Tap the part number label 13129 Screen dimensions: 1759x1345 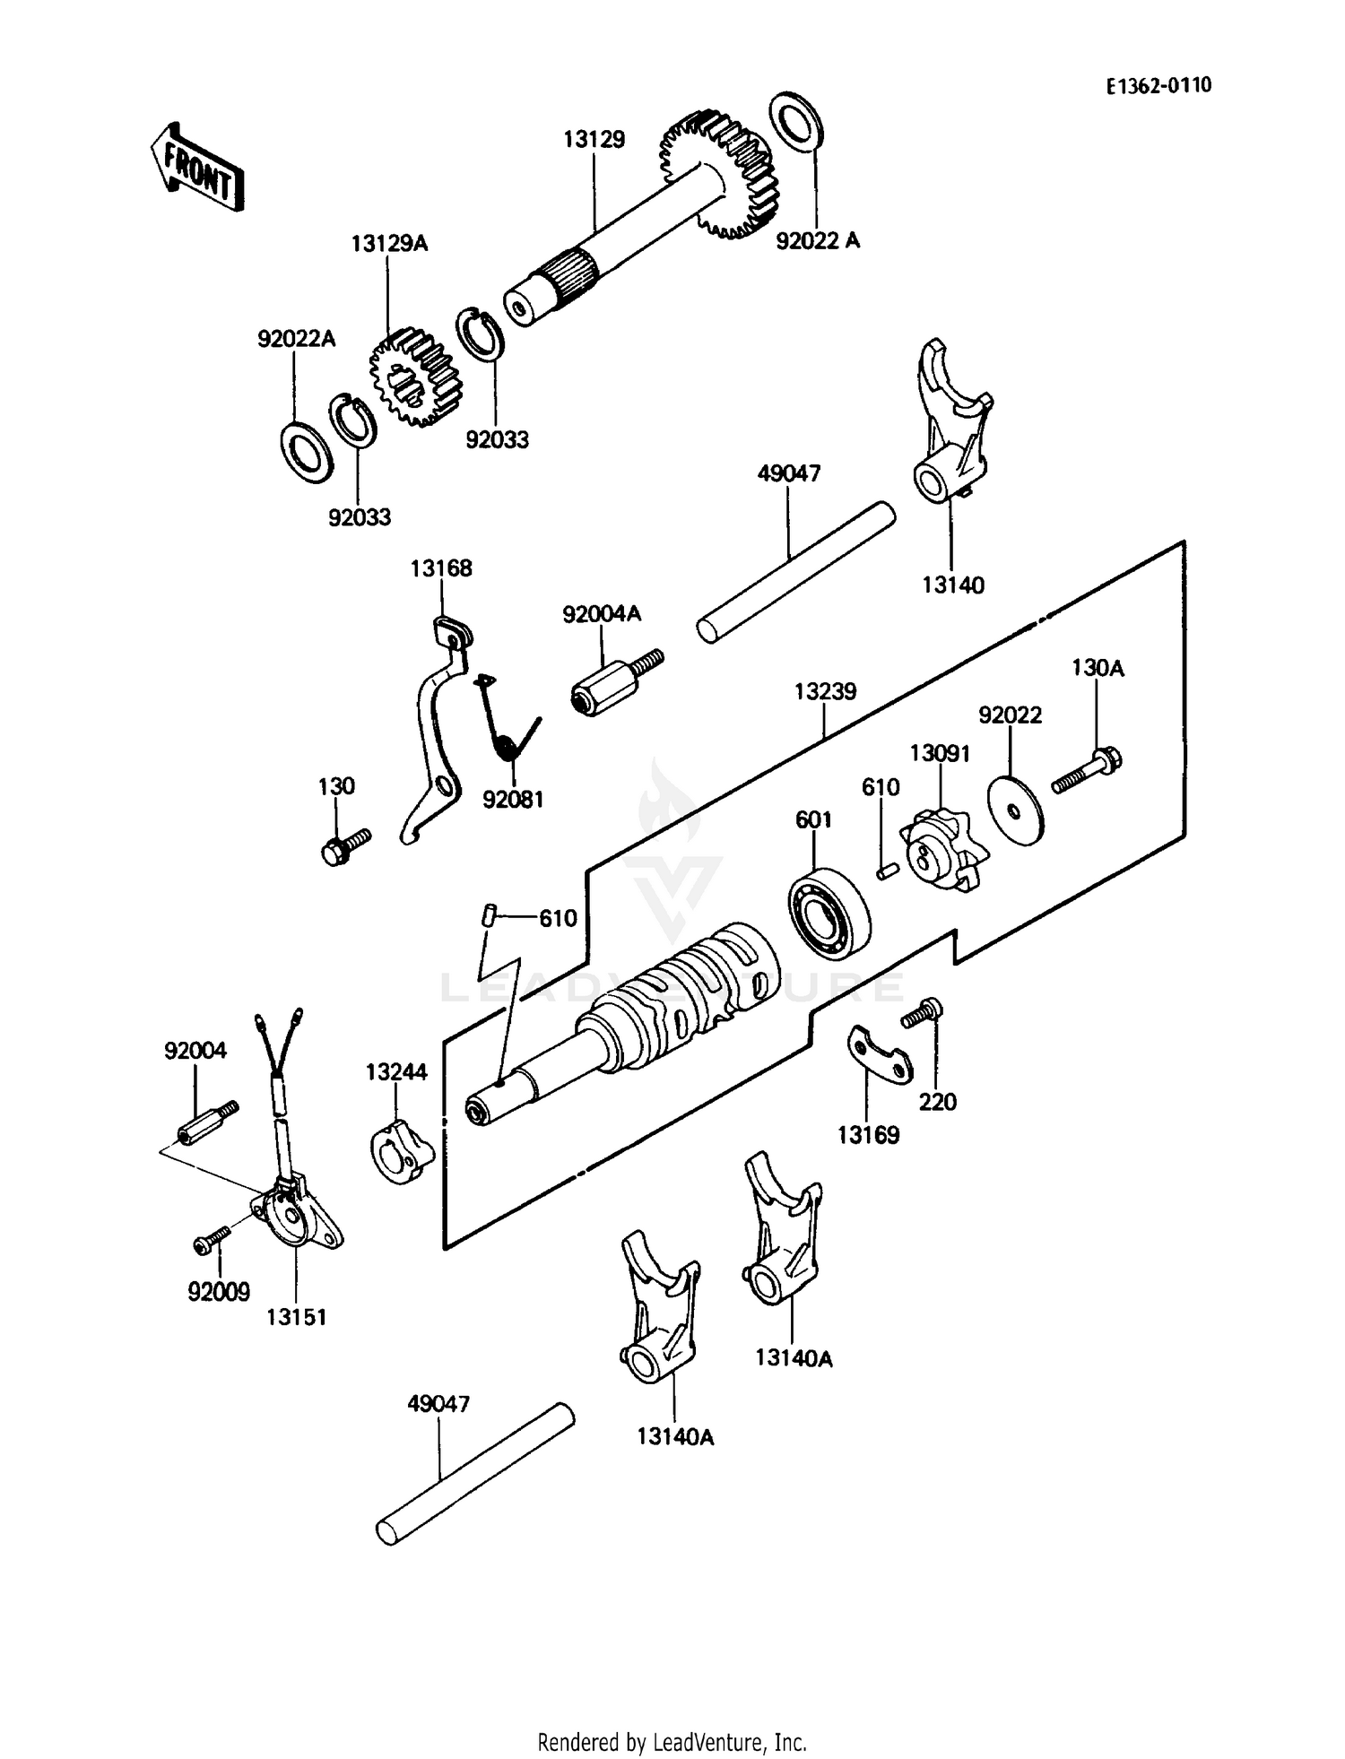(x=594, y=140)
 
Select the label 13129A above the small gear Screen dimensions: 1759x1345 (x=389, y=244)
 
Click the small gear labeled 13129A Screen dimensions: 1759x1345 (x=413, y=377)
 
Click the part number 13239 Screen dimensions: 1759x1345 (x=825, y=692)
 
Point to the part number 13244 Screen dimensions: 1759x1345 (x=396, y=1072)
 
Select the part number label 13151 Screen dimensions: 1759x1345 (x=296, y=1317)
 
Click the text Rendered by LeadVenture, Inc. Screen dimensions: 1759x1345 (x=672, y=1742)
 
